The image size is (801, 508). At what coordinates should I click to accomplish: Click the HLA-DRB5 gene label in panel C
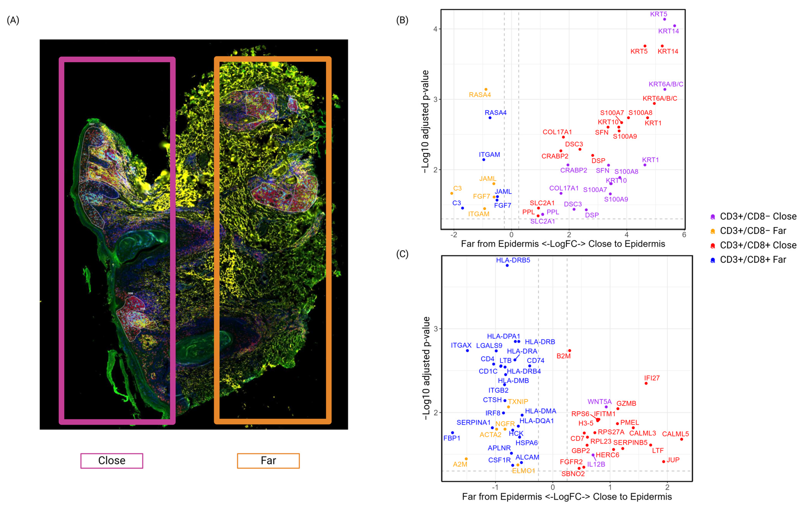coord(513,260)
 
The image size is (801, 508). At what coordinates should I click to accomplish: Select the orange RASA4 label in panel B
coord(480,95)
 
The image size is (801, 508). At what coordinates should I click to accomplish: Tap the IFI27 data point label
coord(652,378)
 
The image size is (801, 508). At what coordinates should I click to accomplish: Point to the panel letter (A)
coord(13,20)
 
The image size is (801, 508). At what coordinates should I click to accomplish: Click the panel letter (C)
coord(402,254)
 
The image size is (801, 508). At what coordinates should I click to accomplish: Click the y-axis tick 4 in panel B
coord(435,29)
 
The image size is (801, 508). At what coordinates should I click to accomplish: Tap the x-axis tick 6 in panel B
coord(684,235)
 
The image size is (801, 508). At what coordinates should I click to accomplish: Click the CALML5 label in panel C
coord(675,434)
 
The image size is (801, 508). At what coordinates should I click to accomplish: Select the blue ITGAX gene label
coord(461,345)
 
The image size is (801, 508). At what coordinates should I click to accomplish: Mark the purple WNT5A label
coord(599,402)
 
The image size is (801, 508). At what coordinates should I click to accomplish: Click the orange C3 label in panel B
coord(457,188)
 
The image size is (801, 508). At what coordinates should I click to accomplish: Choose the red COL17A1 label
coord(557,132)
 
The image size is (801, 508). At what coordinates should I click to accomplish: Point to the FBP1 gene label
coord(452,438)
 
